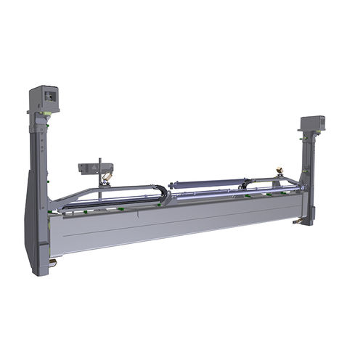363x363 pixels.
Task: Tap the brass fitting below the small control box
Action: click(x=107, y=176)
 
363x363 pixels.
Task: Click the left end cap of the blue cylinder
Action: click(x=171, y=186)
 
